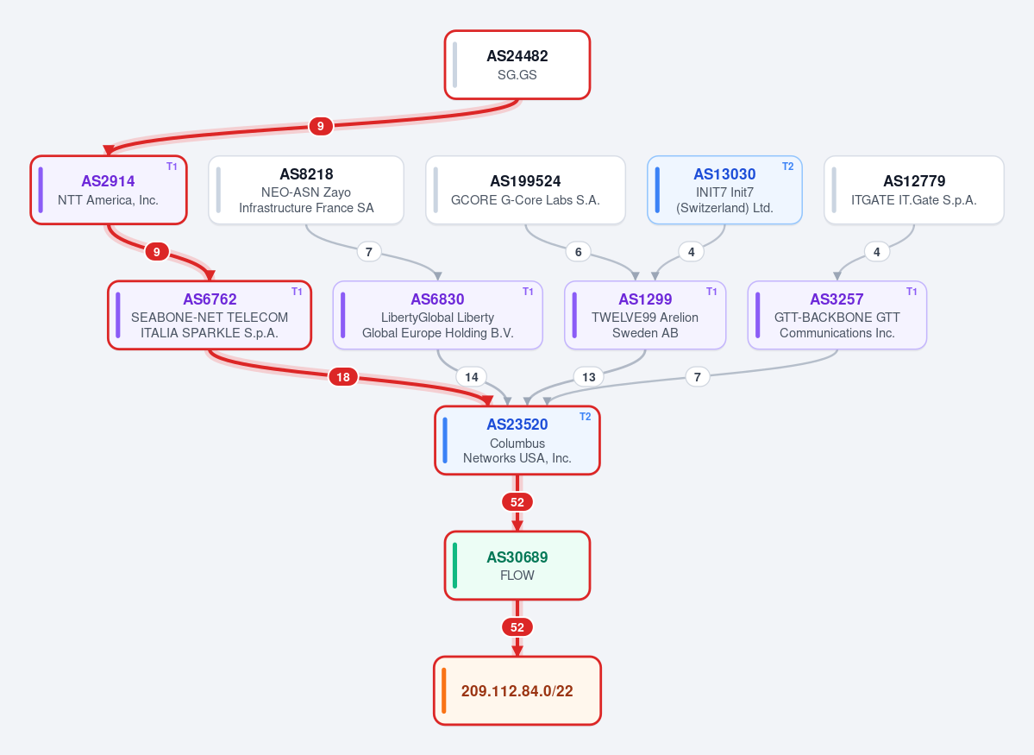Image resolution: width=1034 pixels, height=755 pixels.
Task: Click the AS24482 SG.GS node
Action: click(517, 65)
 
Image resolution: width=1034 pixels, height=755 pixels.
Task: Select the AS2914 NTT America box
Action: click(109, 190)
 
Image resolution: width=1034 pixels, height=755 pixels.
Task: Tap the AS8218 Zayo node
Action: click(306, 190)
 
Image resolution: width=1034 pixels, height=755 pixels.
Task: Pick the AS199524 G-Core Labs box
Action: click(525, 190)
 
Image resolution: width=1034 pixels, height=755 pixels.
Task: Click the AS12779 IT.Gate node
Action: click(914, 190)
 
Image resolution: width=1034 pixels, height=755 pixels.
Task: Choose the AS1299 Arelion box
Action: click(645, 316)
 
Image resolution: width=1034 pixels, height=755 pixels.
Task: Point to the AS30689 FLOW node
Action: click(517, 565)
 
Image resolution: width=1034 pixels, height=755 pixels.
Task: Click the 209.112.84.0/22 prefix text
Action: click(517, 691)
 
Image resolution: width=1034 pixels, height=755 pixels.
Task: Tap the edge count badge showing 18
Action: click(343, 377)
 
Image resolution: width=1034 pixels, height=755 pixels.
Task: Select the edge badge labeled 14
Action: click(472, 377)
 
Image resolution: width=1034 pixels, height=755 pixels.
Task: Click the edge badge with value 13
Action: click(589, 377)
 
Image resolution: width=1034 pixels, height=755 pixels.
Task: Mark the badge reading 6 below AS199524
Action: click(579, 251)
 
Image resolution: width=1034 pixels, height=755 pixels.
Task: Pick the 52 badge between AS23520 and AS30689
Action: click(517, 502)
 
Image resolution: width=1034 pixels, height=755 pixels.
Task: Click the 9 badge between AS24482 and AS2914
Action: click(321, 126)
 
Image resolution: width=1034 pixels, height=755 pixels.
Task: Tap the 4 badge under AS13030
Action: click(691, 251)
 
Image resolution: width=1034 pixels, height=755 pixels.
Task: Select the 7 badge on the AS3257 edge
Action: click(698, 377)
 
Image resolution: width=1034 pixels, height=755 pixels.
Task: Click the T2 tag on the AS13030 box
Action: click(788, 167)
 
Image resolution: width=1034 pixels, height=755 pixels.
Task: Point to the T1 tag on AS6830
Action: click(528, 292)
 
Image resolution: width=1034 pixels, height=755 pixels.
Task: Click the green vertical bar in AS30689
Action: click(455, 565)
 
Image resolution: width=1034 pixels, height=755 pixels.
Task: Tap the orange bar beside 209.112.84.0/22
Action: click(444, 691)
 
